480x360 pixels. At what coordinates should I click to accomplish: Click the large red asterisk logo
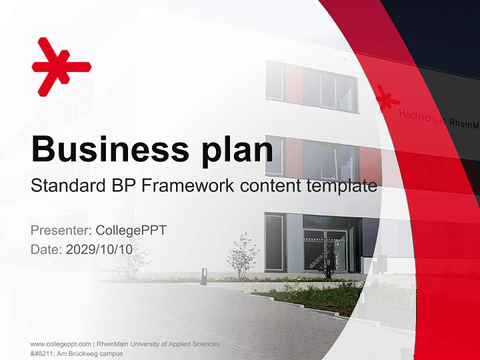point(61,66)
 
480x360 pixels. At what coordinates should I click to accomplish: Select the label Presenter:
point(60,230)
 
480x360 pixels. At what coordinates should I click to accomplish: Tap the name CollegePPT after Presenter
point(131,230)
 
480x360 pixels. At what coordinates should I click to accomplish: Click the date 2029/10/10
point(99,249)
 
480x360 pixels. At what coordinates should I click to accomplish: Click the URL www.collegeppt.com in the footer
point(60,344)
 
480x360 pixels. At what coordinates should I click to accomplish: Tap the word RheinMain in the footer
point(113,344)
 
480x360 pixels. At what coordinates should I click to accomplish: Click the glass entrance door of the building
point(325,250)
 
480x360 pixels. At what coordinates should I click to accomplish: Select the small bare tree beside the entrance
point(243,255)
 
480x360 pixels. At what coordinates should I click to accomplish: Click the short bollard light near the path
point(204,276)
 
